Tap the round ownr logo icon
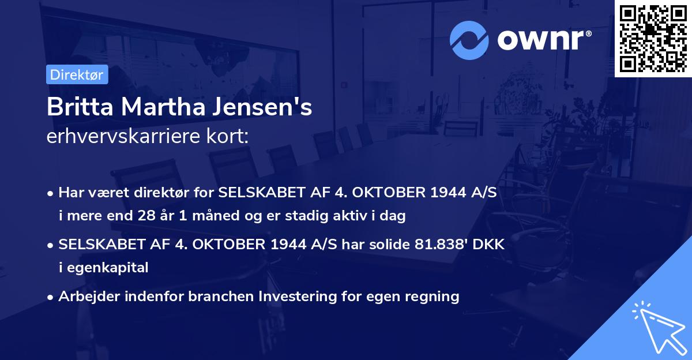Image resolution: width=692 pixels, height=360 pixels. (469, 39)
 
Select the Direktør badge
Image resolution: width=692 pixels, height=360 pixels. (77, 74)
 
